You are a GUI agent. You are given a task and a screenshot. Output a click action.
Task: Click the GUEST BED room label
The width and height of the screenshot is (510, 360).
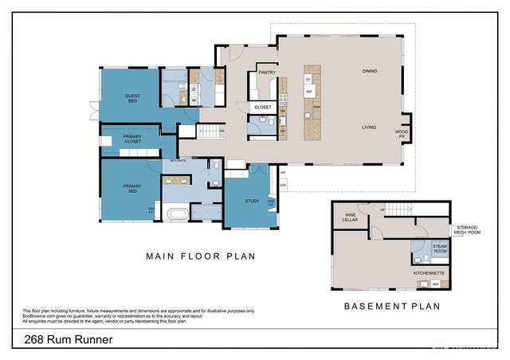pyautogui.click(x=132, y=99)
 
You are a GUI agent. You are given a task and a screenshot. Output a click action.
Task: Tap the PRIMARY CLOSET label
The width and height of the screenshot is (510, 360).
pyautogui.click(x=132, y=139)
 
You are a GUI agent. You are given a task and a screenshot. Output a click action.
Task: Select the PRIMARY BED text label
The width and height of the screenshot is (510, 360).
pyautogui.click(x=132, y=190)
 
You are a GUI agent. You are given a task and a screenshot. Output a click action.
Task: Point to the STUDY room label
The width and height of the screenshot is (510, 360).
pyautogui.click(x=253, y=201)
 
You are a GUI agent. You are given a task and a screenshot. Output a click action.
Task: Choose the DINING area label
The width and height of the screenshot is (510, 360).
pyautogui.click(x=369, y=71)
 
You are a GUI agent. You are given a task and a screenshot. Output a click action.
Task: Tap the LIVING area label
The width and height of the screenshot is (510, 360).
pyautogui.click(x=369, y=127)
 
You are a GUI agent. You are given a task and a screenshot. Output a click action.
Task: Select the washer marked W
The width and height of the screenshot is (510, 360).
pyautogui.click(x=193, y=100)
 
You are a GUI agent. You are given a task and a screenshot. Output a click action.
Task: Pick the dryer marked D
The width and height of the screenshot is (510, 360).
pyautogui.click(x=193, y=89)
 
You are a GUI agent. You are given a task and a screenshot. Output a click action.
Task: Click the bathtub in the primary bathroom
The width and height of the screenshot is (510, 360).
pyautogui.click(x=177, y=213)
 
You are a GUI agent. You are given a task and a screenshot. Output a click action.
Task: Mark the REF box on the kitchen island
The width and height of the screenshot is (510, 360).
pyautogui.click(x=308, y=92)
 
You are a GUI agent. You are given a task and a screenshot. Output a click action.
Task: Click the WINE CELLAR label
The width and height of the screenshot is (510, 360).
pyautogui.click(x=349, y=217)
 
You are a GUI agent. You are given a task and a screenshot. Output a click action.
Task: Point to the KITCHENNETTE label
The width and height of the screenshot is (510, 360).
pyautogui.click(x=429, y=272)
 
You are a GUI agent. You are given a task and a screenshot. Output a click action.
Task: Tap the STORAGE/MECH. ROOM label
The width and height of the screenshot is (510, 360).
pyautogui.click(x=471, y=230)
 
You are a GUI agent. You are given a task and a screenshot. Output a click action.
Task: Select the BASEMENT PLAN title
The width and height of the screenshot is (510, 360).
pyautogui.click(x=391, y=305)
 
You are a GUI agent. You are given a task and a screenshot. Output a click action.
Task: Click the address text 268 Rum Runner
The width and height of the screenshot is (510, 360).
pyautogui.click(x=62, y=340)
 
